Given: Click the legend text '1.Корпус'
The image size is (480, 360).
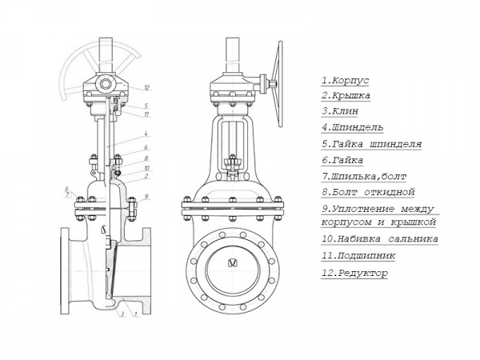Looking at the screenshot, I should click(x=345, y=81).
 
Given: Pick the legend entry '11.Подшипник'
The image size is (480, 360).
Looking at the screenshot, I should click(x=354, y=256).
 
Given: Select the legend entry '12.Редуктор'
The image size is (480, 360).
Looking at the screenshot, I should click(x=354, y=273).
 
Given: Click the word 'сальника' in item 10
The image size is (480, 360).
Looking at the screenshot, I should click(x=410, y=238).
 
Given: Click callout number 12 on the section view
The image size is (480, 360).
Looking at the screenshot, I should click(x=147, y=86).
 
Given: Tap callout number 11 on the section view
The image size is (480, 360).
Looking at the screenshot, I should click(x=147, y=114).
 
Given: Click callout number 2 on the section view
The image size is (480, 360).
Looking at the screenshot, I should click(x=147, y=176).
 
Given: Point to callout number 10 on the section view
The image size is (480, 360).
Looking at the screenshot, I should click(x=147, y=168).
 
